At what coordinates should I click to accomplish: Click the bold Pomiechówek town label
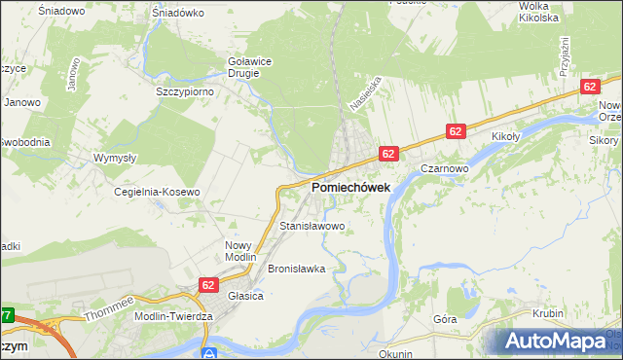click(350, 187)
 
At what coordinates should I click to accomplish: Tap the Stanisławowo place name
click(312, 226)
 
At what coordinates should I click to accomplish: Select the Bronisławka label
click(295, 268)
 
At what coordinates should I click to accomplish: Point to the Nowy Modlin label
click(238, 251)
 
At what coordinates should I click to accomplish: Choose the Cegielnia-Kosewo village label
click(158, 192)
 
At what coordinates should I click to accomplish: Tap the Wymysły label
click(114, 158)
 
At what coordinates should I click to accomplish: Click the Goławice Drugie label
click(248, 65)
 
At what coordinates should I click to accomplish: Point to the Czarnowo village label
click(447, 167)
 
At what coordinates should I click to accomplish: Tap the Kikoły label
click(509, 136)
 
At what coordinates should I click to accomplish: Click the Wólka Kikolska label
click(538, 12)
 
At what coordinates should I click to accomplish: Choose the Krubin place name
click(550, 313)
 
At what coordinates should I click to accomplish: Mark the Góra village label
click(445, 319)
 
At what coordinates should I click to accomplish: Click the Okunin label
click(397, 353)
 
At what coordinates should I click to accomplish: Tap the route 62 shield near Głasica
click(208, 284)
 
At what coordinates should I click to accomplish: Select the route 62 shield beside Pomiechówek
click(387, 154)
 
